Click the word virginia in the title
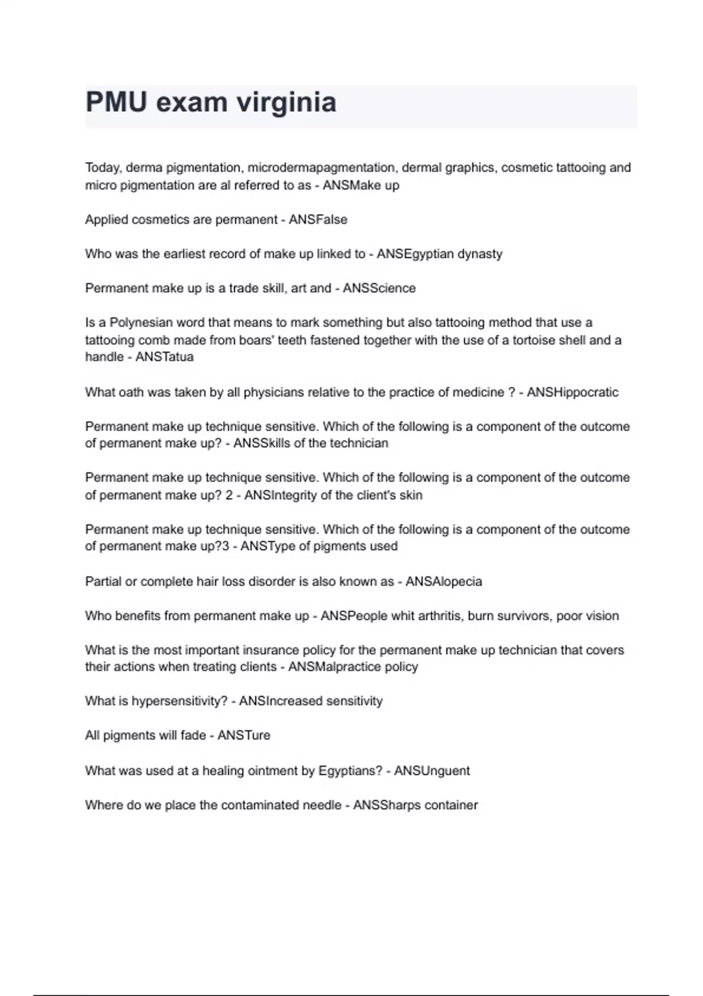[x=286, y=103]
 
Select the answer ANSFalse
[x=318, y=220]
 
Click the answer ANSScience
[x=379, y=288]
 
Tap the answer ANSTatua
[x=165, y=357]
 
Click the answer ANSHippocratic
[x=572, y=393]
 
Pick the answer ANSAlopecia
[x=443, y=582]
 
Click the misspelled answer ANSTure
[x=244, y=736]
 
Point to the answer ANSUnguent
[x=432, y=771]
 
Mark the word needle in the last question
[x=322, y=806]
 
